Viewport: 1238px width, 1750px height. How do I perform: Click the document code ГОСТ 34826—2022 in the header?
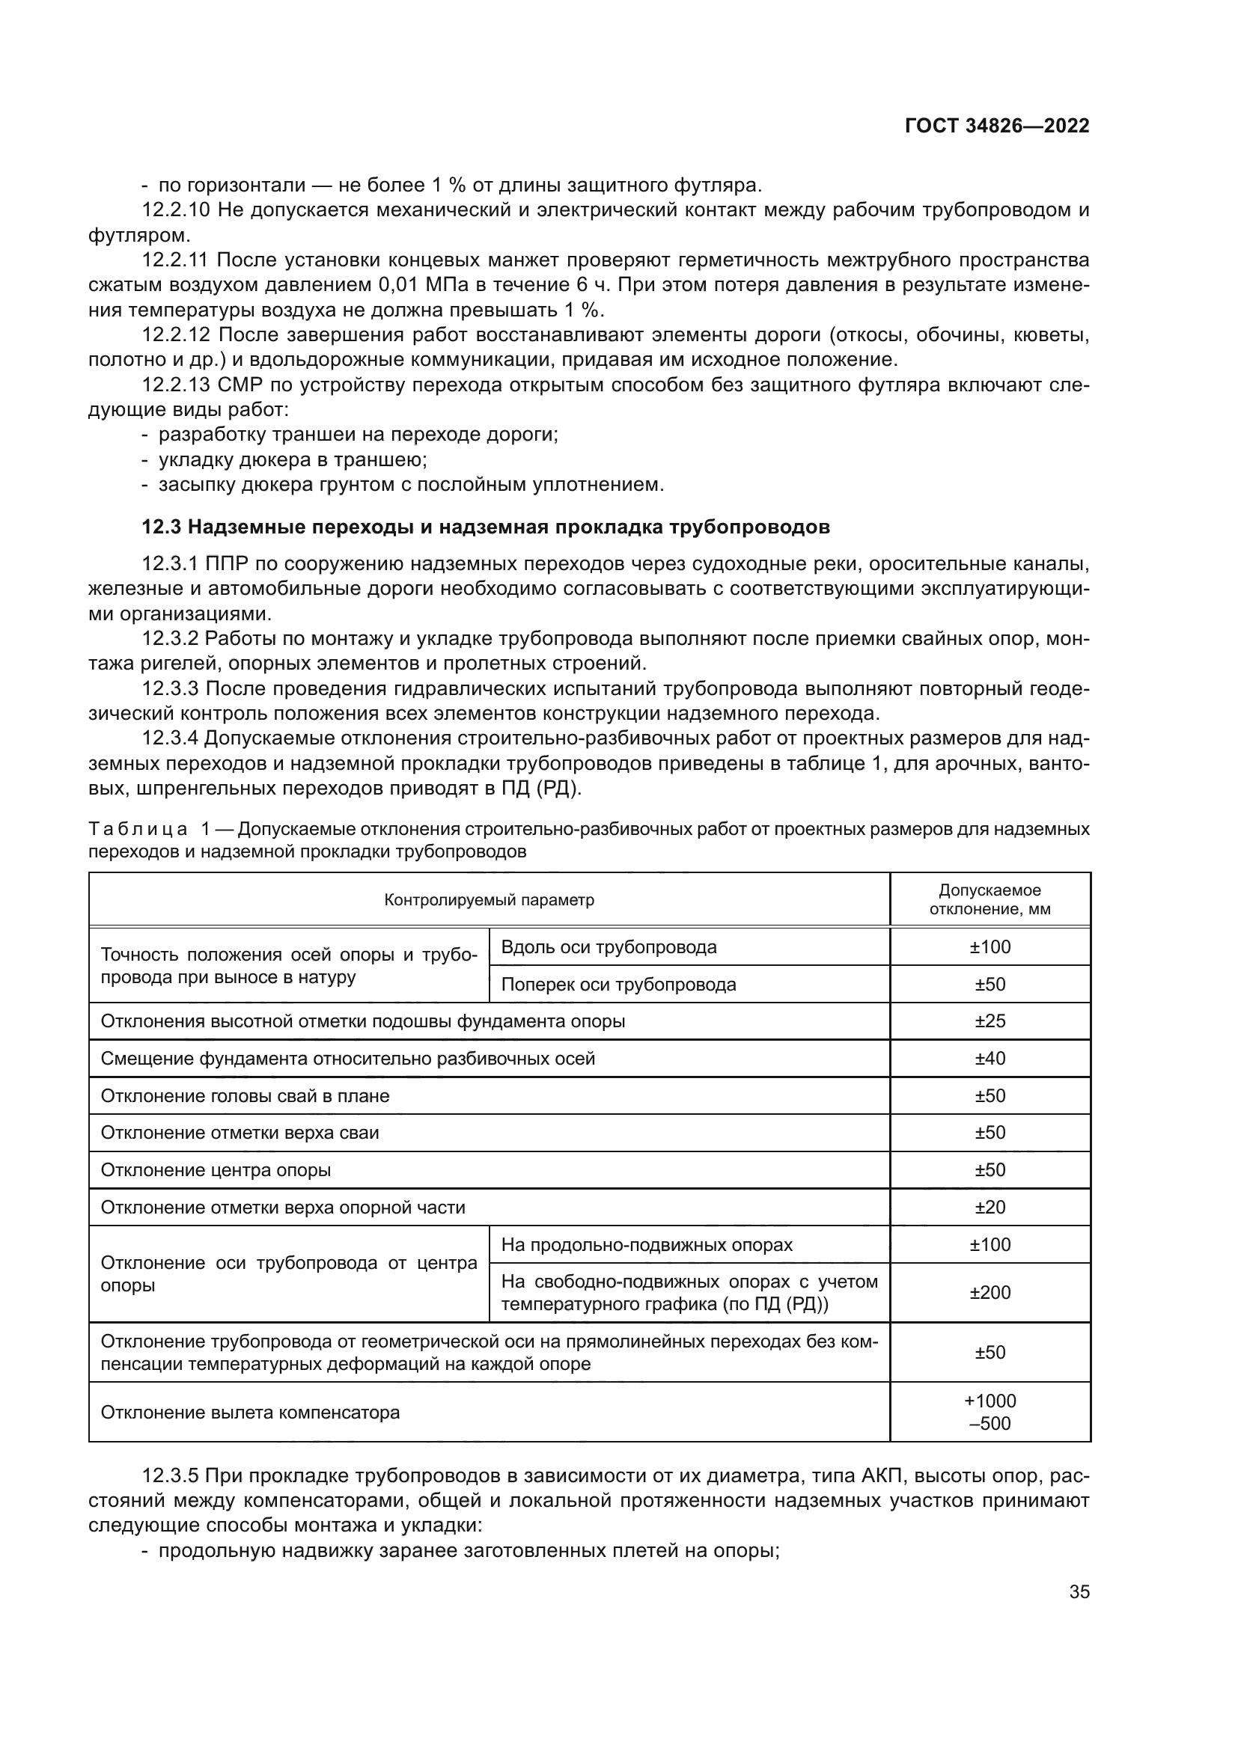(x=996, y=126)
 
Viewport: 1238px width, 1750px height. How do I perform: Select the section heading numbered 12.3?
(x=486, y=527)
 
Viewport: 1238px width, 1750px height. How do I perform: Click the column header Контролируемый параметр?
(x=489, y=900)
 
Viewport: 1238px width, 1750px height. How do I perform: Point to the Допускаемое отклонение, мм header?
(x=990, y=900)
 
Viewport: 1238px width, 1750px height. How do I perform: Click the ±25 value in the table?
(x=990, y=1021)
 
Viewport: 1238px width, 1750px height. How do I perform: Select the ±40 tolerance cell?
(x=990, y=1059)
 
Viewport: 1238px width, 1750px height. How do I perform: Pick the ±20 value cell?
(x=990, y=1208)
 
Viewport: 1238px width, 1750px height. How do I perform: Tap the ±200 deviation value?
(x=990, y=1293)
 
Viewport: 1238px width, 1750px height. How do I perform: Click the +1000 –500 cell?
(x=990, y=1413)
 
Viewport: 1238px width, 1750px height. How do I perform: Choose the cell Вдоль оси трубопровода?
(x=609, y=947)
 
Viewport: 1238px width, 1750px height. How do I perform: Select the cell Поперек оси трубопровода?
(x=618, y=985)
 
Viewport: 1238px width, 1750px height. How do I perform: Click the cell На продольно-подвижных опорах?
(x=647, y=1245)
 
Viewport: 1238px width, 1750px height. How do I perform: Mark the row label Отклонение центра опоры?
(x=216, y=1170)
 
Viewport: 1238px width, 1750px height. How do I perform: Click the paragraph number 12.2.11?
(x=174, y=260)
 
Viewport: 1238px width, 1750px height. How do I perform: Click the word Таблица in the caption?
(x=137, y=829)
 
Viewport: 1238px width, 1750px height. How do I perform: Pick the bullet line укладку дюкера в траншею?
(x=292, y=460)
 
